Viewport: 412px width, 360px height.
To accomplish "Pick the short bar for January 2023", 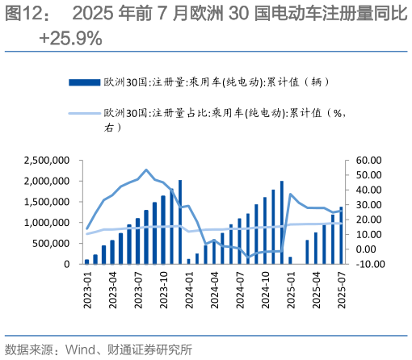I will pyautogui.click(x=87, y=261).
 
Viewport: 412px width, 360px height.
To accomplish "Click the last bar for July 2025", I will pyautogui.click(x=341, y=235).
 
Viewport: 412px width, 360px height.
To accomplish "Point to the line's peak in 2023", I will pyautogui.click(x=146, y=170).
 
